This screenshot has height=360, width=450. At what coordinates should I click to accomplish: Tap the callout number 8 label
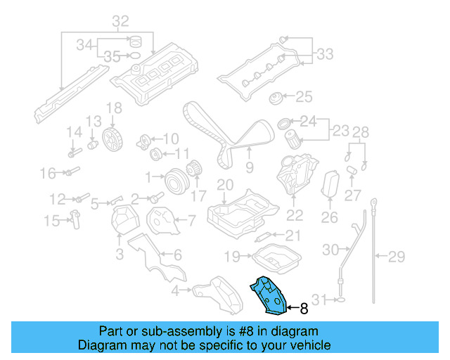(x=304, y=308)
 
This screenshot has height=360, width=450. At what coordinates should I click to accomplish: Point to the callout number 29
(x=397, y=256)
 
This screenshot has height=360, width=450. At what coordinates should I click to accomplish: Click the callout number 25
(x=303, y=96)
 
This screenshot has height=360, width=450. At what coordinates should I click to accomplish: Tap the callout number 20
(x=224, y=185)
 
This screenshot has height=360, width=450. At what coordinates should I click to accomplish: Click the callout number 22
(x=295, y=216)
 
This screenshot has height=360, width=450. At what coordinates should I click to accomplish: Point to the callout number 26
(x=330, y=218)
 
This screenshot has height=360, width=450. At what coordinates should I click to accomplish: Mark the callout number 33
(x=325, y=53)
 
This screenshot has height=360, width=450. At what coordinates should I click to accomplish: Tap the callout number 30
(x=330, y=249)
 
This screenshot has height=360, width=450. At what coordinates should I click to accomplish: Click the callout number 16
(x=47, y=173)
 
